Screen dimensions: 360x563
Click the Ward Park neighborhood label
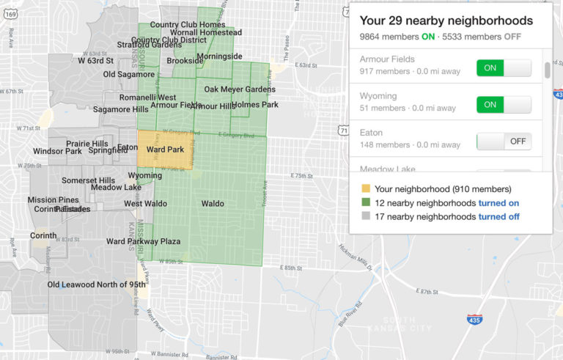(x=165, y=150)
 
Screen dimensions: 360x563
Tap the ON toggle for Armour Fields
(x=503, y=68)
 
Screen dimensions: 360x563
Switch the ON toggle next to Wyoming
(x=503, y=105)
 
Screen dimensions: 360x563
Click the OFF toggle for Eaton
(x=503, y=141)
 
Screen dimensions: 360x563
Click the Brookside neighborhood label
(x=180, y=61)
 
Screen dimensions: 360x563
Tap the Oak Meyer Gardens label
(x=240, y=89)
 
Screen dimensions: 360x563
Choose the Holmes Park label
(x=255, y=105)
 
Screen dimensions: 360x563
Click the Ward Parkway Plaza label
(x=143, y=241)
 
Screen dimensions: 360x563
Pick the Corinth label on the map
(x=43, y=235)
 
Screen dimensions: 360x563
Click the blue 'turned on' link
(x=498, y=202)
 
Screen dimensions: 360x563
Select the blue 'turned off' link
(x=499, y=216)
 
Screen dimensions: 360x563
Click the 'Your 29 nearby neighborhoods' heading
(x=446, y=21)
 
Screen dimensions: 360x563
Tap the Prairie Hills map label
(x=87, y=144)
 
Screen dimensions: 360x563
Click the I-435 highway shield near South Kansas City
(x=474, y=319)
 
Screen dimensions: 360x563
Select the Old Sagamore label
(x=129, y=75)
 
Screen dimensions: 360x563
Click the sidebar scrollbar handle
(x=547, y=70)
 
